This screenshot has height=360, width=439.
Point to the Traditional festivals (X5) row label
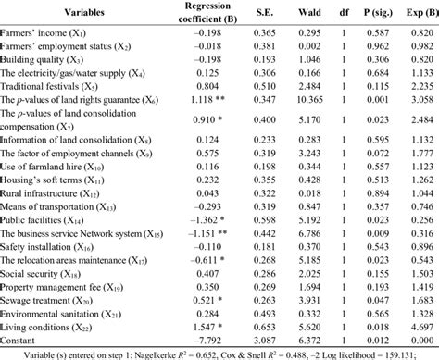pyautogui.click(x=45, y=82)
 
